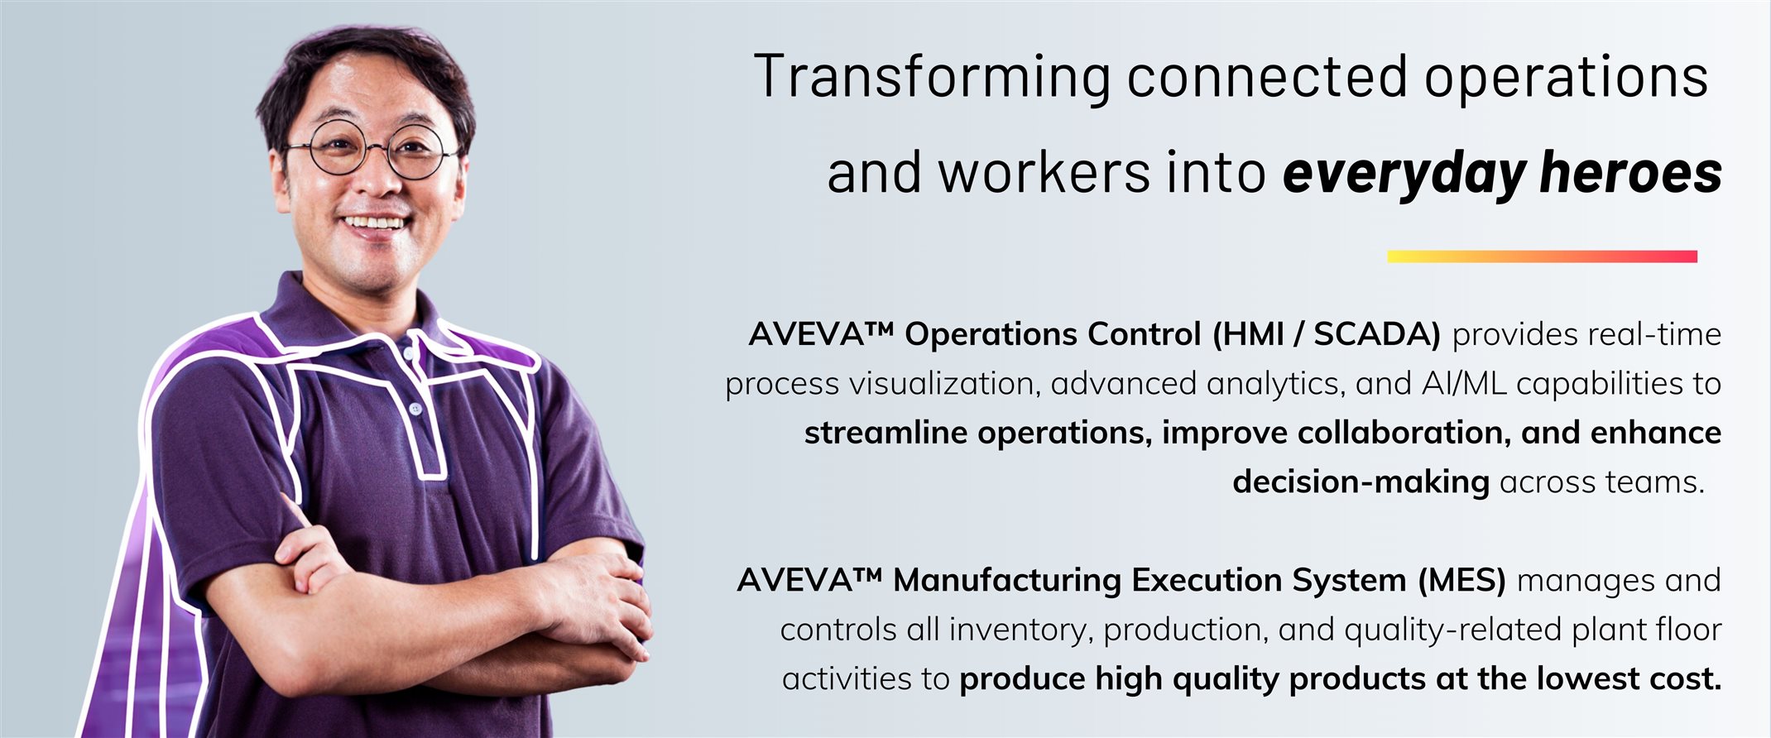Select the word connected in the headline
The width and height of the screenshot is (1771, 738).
tap(1267, 76)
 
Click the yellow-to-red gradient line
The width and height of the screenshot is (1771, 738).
tap(1542, 256)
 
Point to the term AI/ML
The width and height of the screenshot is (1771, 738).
tap(1464, 384)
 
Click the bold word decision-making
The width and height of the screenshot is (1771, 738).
tap(1361, 482)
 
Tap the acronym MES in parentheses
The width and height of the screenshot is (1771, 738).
tap(1461, 580)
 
